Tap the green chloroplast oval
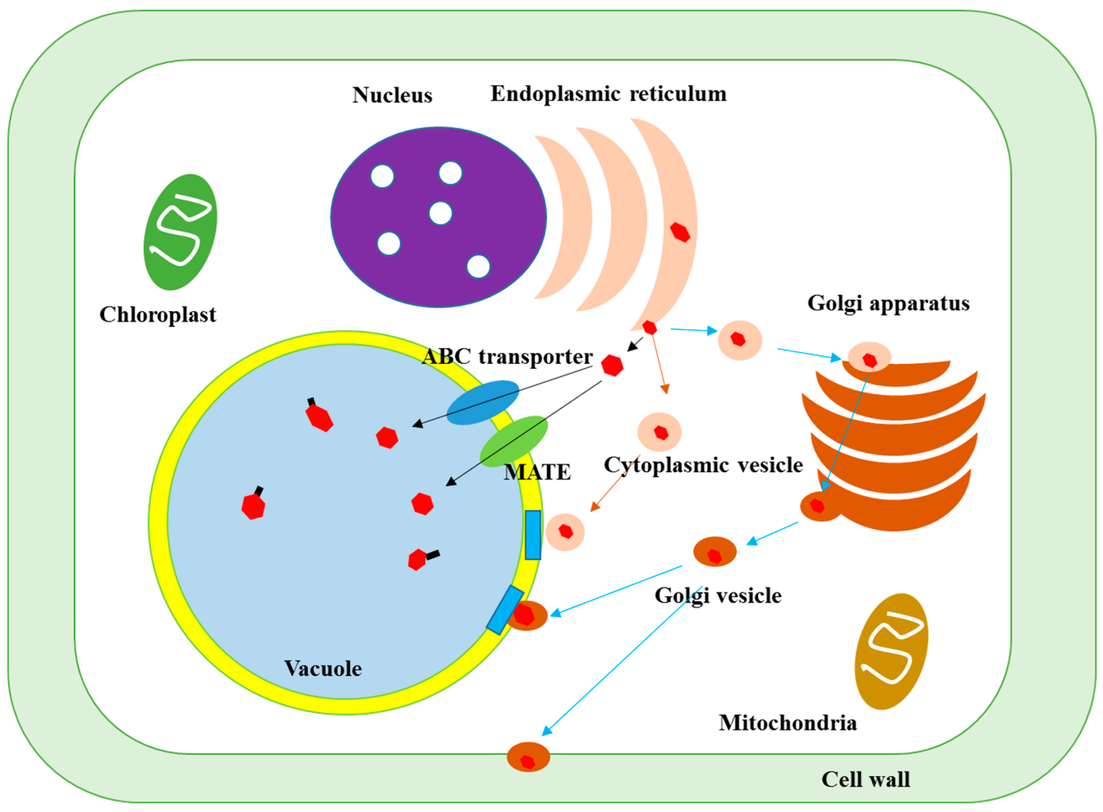pyautogui.click(x=180, y=232)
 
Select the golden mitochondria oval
pyautogui.click(x=891, y=652)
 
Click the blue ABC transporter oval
pyautogui.click(x=482, y=402)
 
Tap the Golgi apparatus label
pyautogui.click(x=888, y=303)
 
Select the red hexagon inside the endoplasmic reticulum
pyautogui.click(x=680, y=232)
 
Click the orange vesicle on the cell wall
pyautogui.click(x=529, y=757)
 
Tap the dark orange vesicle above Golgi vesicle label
pyautogui.click(x=715, y=552)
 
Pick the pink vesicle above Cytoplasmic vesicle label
pyautogui.click(x=660, y=432)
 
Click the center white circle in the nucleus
pyautogui.click(x=441, y=213)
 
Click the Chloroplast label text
pyautogui.click(x=158, y=315)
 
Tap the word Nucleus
pyautogui.click(x=392, y=95)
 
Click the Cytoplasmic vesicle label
pyautogui.click(x=703, y=465)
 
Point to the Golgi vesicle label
pyautogui.click(x=718, y=596)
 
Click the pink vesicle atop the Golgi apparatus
pyautogui.click(x=869, y=357)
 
